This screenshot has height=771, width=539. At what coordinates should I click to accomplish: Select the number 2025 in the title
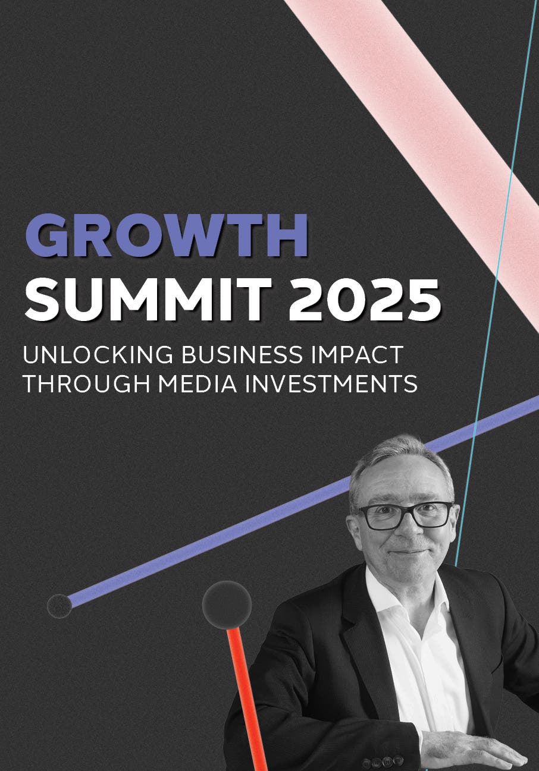pos(364,299)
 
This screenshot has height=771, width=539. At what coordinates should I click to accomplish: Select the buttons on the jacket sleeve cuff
pos(383,760)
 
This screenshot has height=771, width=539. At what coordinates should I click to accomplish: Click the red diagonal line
pos(247,700)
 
